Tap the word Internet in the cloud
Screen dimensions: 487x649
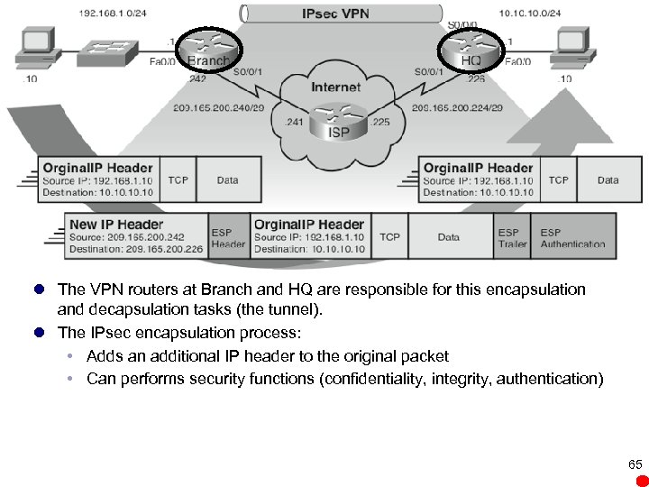[x=335, y=87]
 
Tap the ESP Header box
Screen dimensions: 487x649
[x=228, y=237]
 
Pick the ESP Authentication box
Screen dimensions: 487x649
[x=572, y=237]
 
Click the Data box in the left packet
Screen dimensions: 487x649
[x=228, y=180]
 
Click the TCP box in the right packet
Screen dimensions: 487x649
[x=558, y=180]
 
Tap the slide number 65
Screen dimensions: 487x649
[x=635, y=464]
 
